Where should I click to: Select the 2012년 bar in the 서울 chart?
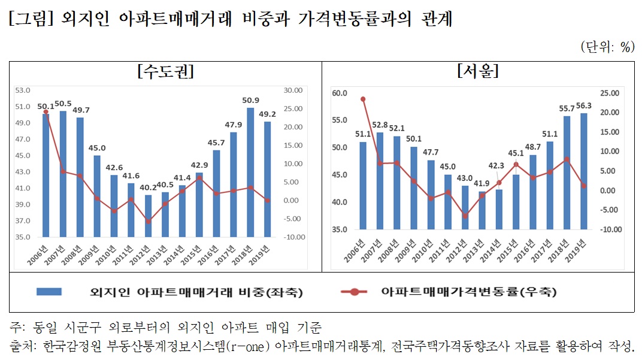click(465, 207)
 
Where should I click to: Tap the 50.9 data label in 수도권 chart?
click(251, 101)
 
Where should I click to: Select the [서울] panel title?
click(477, 72)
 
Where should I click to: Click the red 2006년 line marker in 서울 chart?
click(363, 99)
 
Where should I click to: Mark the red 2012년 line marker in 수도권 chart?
click(148, 222)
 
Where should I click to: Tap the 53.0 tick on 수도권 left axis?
click(23, 90)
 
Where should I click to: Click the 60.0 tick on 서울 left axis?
click(339, 93)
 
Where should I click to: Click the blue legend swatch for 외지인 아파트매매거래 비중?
click(56, 292)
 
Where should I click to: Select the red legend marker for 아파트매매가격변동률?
click(355, 292)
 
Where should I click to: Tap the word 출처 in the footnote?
click(23, 346)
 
